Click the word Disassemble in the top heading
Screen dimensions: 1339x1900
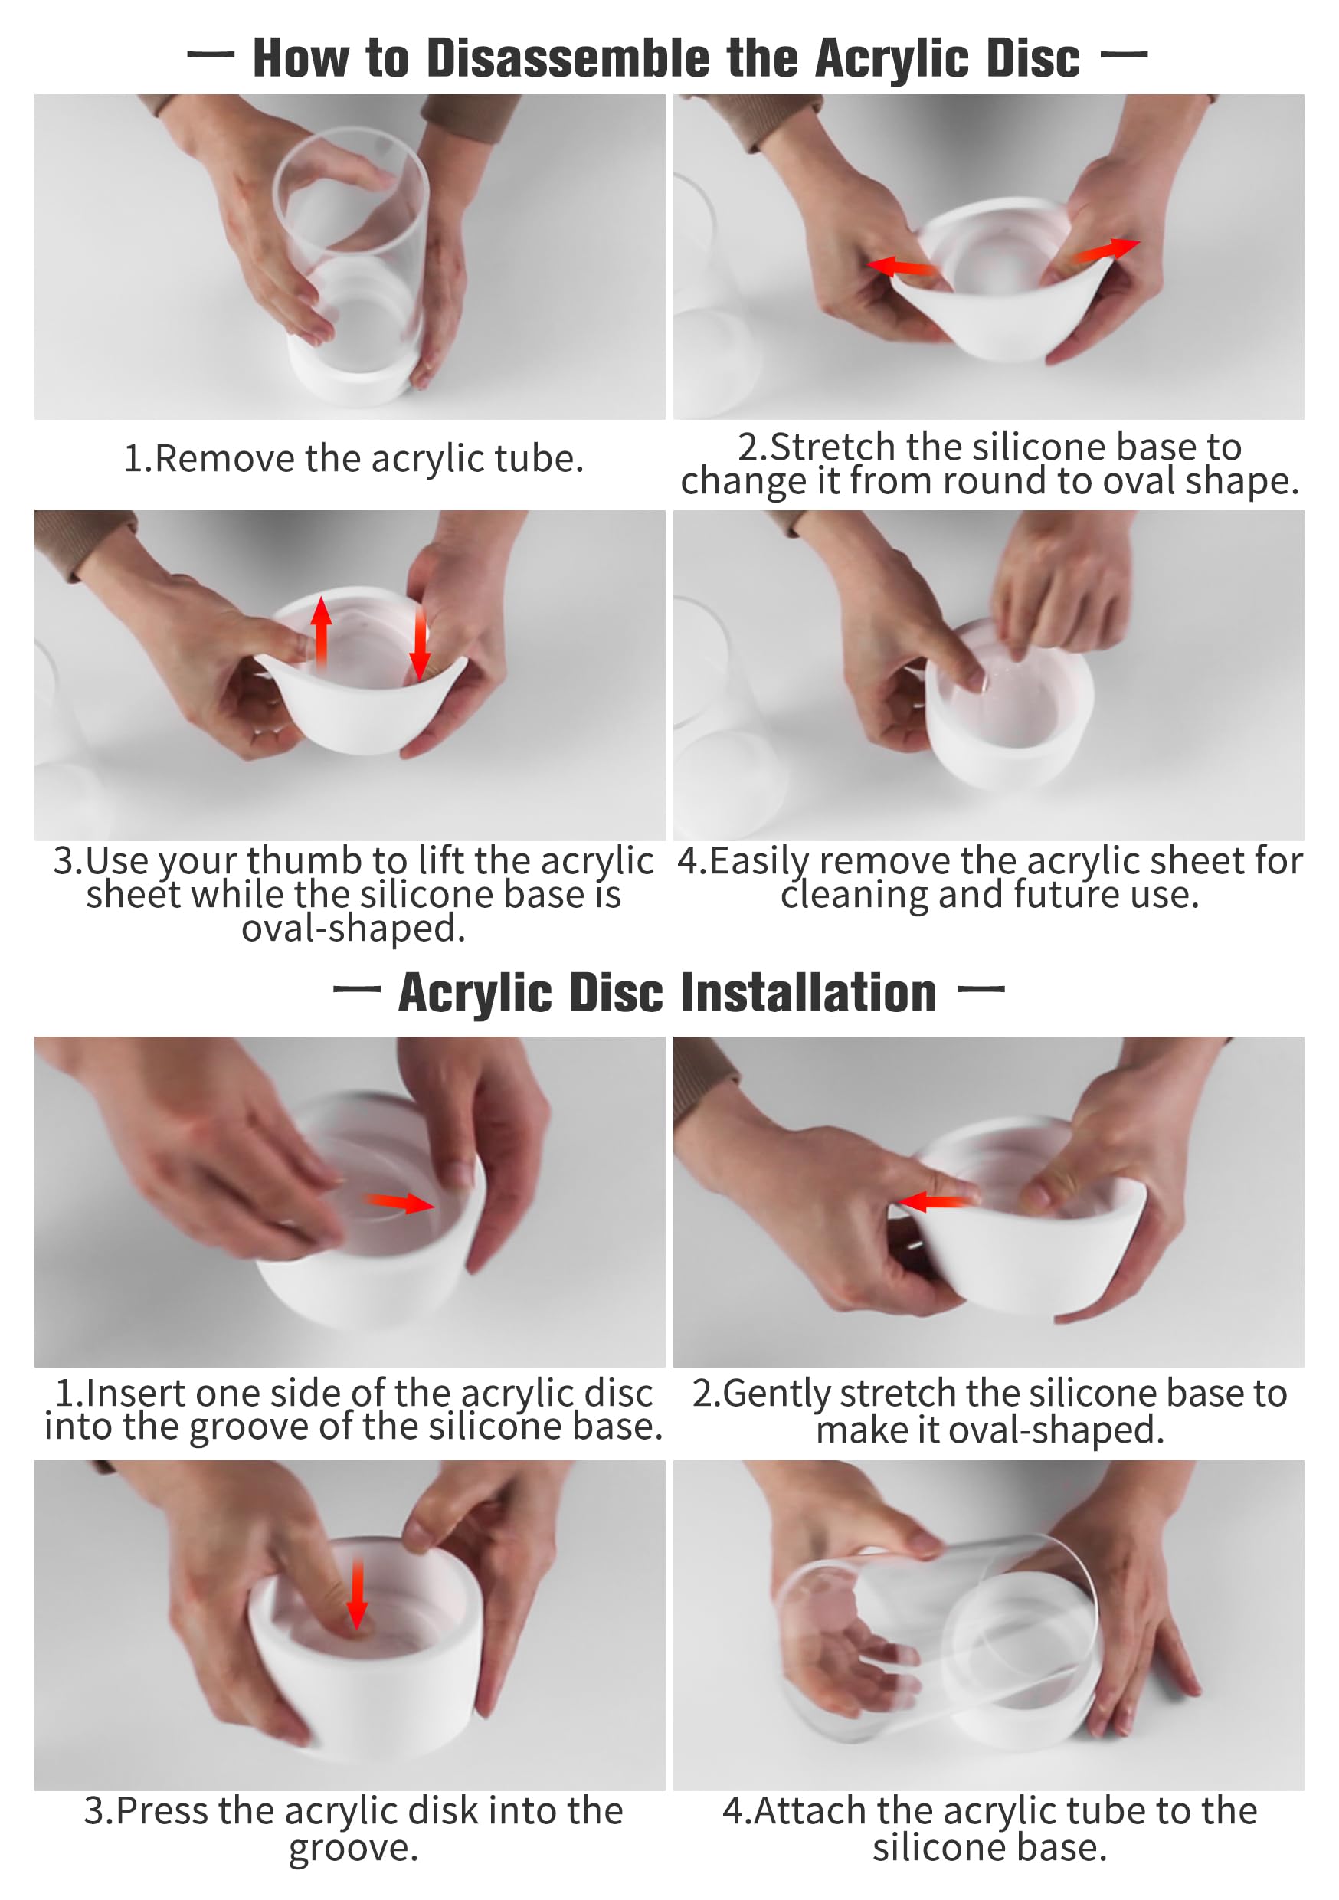coord(568,59)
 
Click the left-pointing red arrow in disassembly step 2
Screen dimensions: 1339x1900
coord(902,266)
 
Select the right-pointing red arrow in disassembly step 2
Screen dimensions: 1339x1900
coord(1106,249)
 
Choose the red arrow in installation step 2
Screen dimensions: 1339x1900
coord(936,1200)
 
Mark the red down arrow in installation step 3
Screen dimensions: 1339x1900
coord(357,1593)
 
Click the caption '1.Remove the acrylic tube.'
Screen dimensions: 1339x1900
coord(353,458)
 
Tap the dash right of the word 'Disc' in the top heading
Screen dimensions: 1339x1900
coord(1124,54)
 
